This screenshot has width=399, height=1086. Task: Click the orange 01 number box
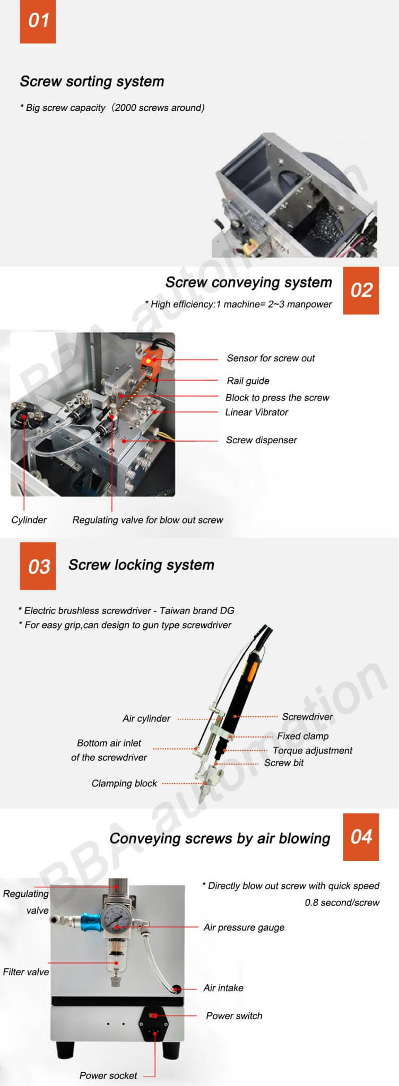coord(38,22)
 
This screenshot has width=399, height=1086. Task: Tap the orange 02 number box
coord(361,291)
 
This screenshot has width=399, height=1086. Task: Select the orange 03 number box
coord(38,566)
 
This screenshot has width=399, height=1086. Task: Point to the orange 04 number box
coord(361,837)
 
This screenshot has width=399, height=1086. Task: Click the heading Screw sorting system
coord(92,82)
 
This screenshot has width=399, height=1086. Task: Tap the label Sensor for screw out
coord(271,358)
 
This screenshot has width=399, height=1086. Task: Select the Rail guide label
coord(248,381)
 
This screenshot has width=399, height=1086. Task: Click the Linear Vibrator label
coord(256,412)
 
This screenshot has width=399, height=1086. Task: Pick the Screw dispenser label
coord(261,440)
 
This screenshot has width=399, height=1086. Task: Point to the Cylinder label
coord(29,520)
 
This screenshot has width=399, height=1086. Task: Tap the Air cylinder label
coord(146,719)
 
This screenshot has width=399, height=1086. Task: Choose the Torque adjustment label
coord(313,750)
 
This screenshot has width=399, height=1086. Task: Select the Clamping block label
coord(124,783)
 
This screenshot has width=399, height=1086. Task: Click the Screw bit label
coord(284,763)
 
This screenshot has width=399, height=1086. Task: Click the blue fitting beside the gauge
coord(90,921)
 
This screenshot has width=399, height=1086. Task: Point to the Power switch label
coord(234,1015)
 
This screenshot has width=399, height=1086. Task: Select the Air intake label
coord(223,988)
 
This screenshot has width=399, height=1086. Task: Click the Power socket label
coord(108,1075)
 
